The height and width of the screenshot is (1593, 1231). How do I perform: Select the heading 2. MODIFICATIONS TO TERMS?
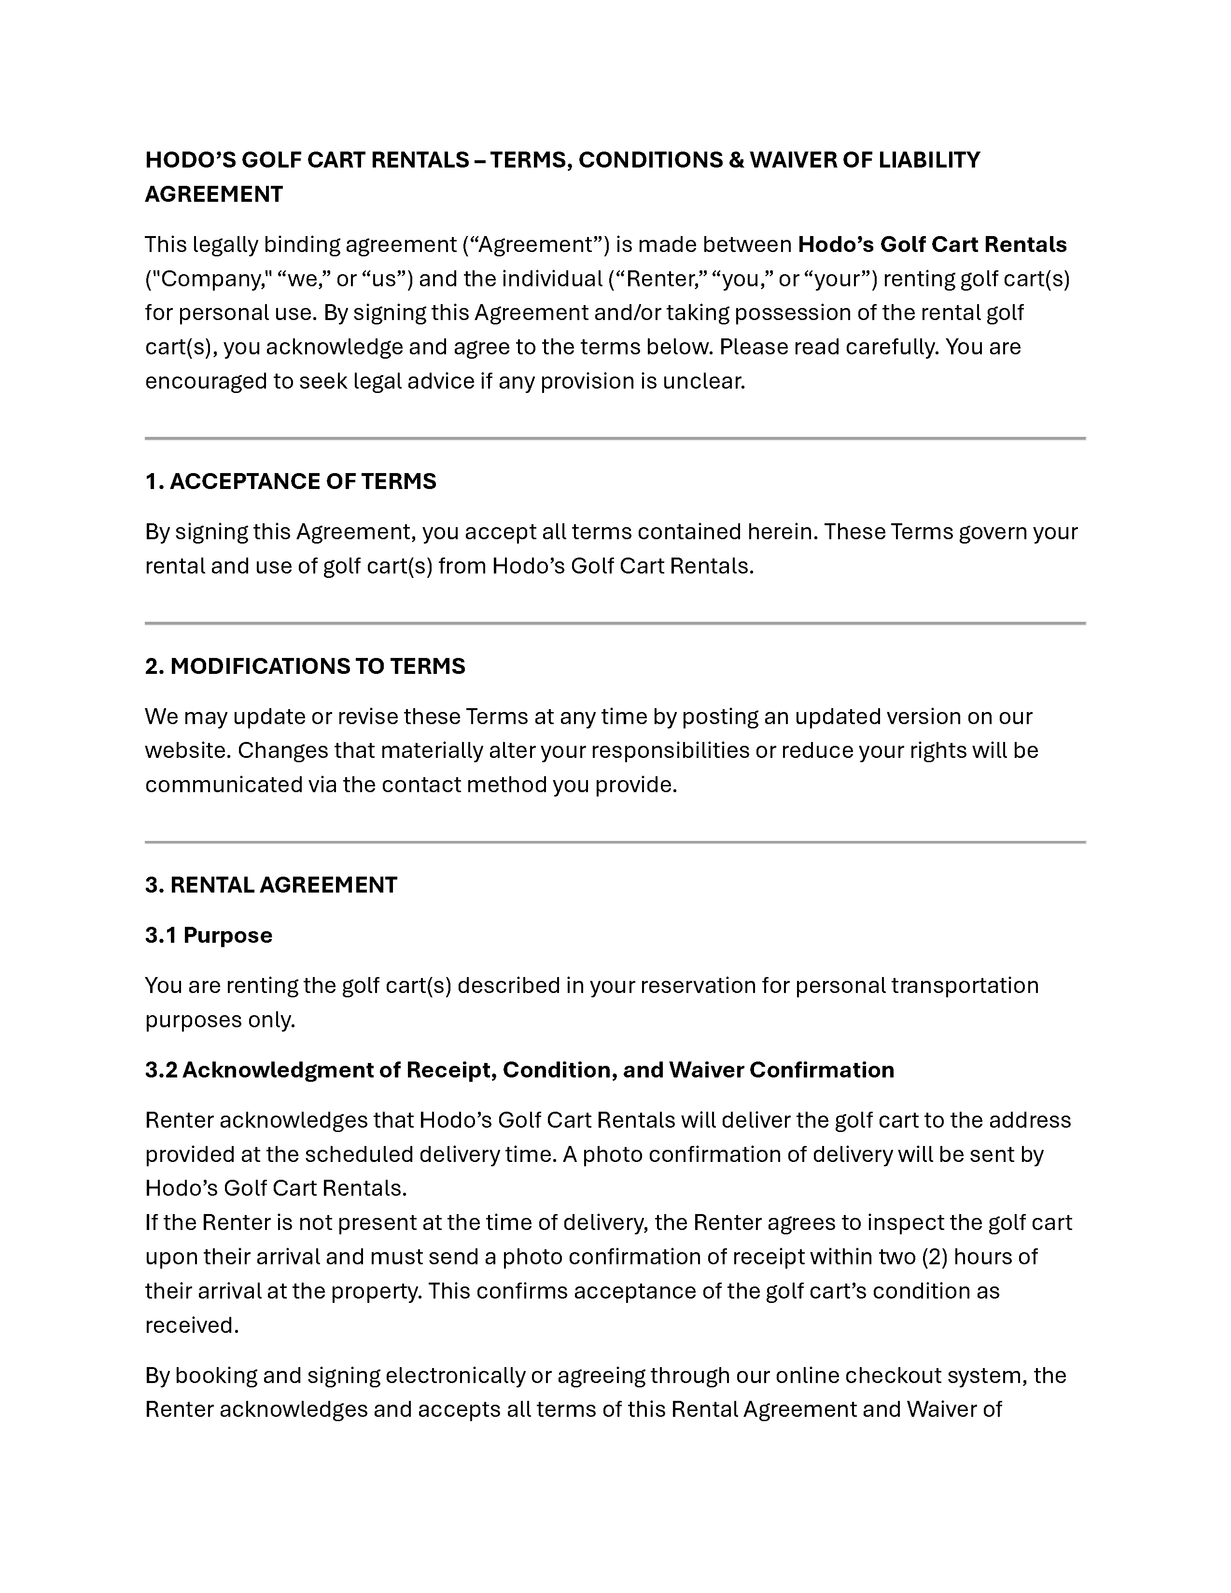tap(305, 666)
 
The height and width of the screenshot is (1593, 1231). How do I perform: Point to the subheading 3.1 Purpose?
tap(209, 935)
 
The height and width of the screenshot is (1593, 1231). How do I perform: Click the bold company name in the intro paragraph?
tap(932, 244)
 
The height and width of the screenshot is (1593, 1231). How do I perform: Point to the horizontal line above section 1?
tap(615, 438)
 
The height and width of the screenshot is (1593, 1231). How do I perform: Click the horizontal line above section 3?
tap(615, 842)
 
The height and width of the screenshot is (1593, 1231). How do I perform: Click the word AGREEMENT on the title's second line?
tap(214, 195)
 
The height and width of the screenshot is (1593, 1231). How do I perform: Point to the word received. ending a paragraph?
tap(192, 1325)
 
